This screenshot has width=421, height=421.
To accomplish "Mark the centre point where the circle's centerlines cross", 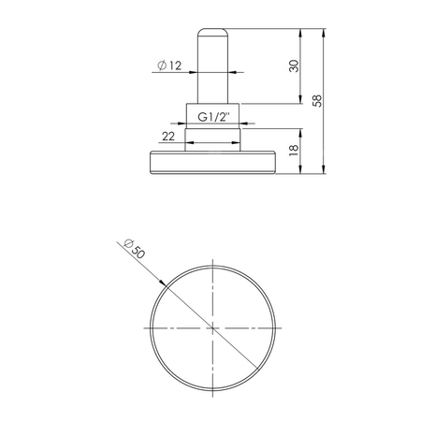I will tap(214, 329).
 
